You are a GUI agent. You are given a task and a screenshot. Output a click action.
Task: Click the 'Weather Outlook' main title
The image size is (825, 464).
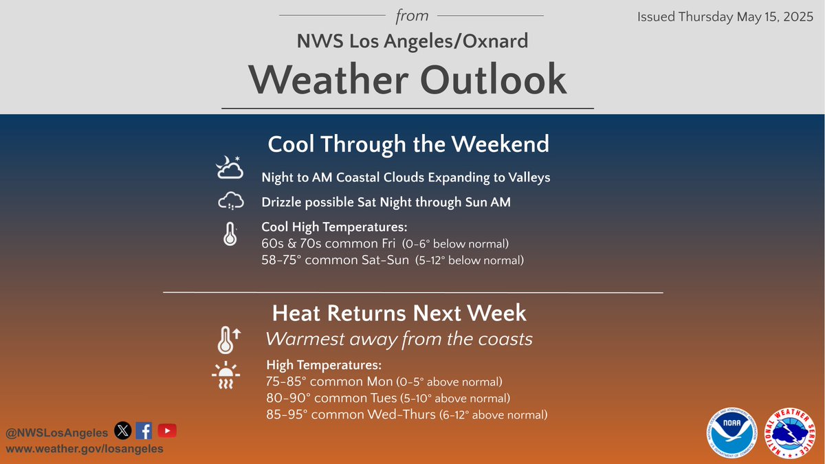pyautogui.click(x=408, y=80)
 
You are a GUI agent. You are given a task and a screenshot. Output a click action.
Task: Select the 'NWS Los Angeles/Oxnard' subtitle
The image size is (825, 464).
pyautogui.click(x=412, y=41)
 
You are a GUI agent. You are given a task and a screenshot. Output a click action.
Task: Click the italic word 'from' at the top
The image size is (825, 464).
pyautogui.click(x=412, y=15)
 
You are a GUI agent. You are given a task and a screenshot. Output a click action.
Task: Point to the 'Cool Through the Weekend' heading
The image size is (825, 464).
pyautogui.click(x=408, y=144)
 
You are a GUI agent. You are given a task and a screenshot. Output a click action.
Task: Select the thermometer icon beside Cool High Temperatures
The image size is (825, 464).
pyautogui.click(x=230, y=234)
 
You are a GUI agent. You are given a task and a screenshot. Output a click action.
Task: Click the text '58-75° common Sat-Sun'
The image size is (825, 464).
pyautogui.click(x=337, y=260)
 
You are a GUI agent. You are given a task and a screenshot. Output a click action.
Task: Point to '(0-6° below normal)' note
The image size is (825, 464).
pyautogui.click(x=461, y=244)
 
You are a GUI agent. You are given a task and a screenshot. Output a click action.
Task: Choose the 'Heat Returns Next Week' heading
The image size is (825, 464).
pyautogui.click(x=399, y=313)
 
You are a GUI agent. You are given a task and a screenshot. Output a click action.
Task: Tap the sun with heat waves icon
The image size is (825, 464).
pyautogui.click(x=225, y=375)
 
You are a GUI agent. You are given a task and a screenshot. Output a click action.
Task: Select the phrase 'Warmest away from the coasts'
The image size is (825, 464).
pyautogui.click(x=399, y=340)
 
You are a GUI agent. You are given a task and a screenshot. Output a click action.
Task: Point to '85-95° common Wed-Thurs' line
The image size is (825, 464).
pyautogui.click(x=351, y=415)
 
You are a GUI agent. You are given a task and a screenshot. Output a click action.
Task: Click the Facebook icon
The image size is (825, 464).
pyautogui.click(x=144, y=431)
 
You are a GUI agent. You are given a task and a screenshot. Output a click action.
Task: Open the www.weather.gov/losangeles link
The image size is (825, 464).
pyautogui.click(x=85, y=448)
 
